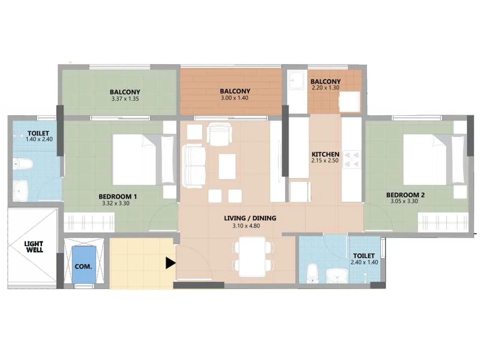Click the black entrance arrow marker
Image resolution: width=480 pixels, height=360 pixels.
tap(170, 263)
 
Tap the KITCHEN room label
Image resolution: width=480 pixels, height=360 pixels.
tap(325, 154)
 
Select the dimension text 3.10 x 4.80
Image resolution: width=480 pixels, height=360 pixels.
tap(246, 226)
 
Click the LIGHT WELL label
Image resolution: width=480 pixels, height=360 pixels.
tap(34, 247)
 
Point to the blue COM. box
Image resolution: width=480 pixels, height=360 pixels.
tap(84, 265)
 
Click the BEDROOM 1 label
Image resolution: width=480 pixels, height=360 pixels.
tap(118, 197)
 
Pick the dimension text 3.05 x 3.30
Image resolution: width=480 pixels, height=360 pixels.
tap(404, 201)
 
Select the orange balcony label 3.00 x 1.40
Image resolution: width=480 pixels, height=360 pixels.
tap(234, 98)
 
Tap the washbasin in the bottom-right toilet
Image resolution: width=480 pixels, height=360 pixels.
tap(337, 275)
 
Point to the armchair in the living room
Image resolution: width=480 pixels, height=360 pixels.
tap(219, 134)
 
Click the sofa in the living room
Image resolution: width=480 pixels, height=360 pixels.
tap(194, 166)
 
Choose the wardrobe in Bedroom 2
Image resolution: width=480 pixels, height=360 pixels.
tap(443, 222)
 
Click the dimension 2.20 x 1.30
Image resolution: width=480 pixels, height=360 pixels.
tap(325, 88)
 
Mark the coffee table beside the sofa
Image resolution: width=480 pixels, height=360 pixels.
tap(227, 166)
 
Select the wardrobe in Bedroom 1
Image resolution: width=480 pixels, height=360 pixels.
tap(89, 222)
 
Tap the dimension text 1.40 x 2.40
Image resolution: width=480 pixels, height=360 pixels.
tap(39, 139)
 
